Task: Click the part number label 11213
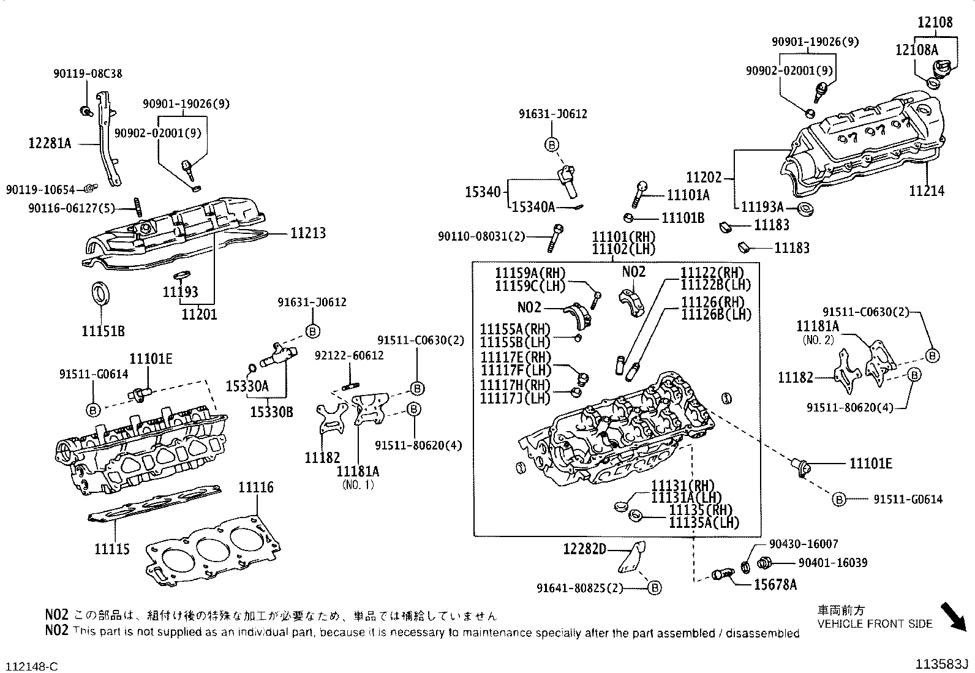click(307, 233)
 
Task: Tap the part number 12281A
click(50, 143)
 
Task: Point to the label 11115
click(112, 549)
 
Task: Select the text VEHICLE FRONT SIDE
click(875, 623)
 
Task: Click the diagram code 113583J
click(942, 664)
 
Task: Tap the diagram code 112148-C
click(32, 665)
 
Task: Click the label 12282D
click(584, 549)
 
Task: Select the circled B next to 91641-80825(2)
click(654, 588)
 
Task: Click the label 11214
click(926, 191)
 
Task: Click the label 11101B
click(683, 218)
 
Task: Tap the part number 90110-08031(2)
click(481, 236)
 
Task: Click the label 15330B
click(271, 412)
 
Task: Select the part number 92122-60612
click(349, 355)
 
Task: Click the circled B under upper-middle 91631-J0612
click(551, 145)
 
